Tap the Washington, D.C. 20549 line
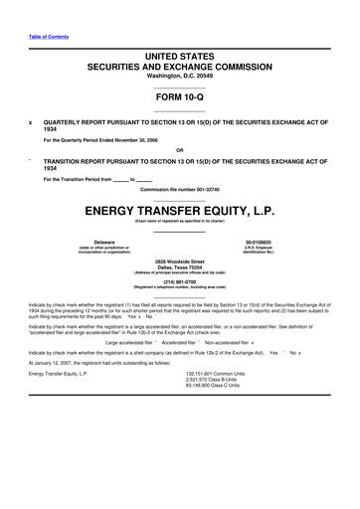(x=179, y=76)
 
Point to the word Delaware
(x=103, y=242)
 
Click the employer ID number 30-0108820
(x=257, y=242)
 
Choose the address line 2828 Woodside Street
(x=179, y=259)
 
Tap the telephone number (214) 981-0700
(x=179, y=281)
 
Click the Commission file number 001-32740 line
(x=179, y=188)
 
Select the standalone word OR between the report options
(x=179, y=151)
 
